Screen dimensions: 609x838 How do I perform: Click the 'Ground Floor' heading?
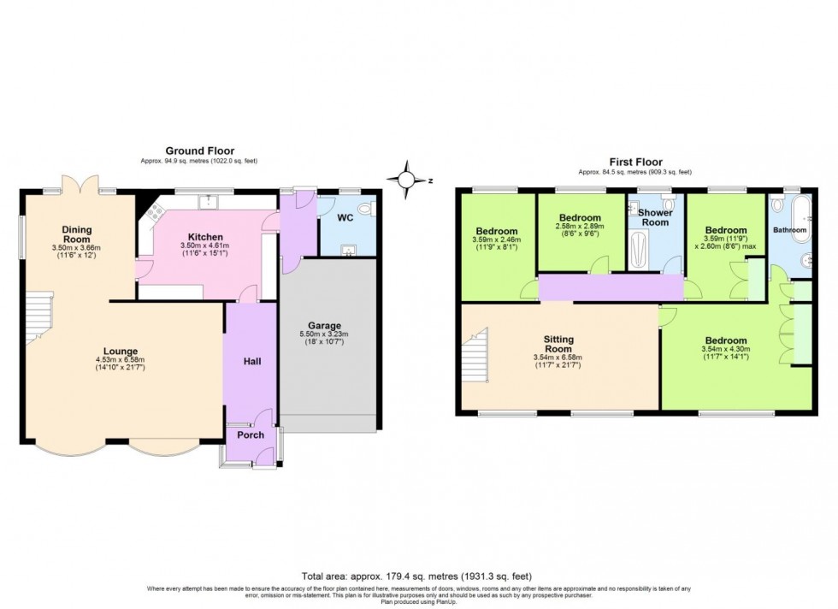pos(199,151)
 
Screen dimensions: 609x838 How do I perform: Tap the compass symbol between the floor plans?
pos(408,180)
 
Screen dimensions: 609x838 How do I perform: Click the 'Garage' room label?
pos(325,325)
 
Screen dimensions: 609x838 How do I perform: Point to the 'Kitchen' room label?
pos(205,237)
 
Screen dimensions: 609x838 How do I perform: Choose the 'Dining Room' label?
pos(76,234)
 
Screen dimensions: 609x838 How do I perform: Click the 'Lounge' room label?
pos(121,351)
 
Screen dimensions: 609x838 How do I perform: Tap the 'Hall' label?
pos(251,361)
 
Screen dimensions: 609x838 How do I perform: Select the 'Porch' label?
pos(251,435)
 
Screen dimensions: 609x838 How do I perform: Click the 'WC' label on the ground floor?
pos(345,218)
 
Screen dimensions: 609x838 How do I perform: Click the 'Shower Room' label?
pos(655,217)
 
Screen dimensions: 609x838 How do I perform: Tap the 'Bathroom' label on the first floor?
pos(789,230)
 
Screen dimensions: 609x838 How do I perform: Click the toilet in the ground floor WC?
pos(365,208)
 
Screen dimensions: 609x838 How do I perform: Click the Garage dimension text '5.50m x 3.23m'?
pos(325,334)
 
